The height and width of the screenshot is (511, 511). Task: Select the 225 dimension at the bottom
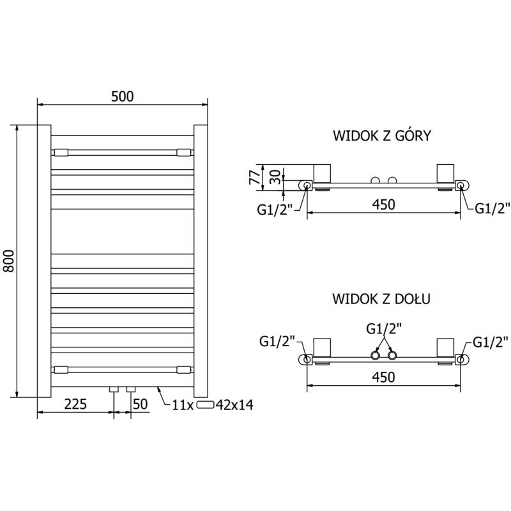pyautogui.click(x=76, y=404)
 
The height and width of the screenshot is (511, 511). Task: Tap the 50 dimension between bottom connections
pyautogui.click(x=140, y=404)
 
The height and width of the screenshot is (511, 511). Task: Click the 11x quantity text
pyautogui.click(x=183, y=404)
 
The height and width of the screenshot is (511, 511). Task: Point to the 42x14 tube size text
pyautogui.click(x=235, y=404)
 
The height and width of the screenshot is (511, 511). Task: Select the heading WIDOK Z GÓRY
pyautogui.click(x=382, y=135)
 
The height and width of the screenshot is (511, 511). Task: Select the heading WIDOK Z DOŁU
pyautogui.click(x=382, y=298)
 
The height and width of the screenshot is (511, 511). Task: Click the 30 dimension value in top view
pyautogui.click(x=275, y=176)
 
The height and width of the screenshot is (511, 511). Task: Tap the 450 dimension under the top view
pyautogui.click(x=383, y=204)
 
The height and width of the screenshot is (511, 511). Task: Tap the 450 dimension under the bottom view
pyautogui.click(x=383, y=377)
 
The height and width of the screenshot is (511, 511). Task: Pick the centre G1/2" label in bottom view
pyautogui.click(x=383, y=329)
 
